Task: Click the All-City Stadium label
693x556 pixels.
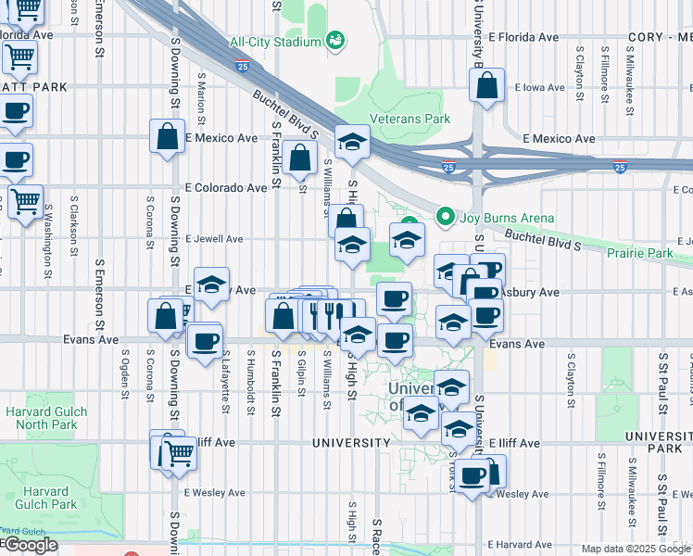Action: (274, 42)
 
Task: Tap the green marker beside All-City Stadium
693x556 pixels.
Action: (335, 41)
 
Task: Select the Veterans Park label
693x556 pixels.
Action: (409, 119)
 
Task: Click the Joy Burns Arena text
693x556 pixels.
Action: (496, 220)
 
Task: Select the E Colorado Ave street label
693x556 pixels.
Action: (225, 187)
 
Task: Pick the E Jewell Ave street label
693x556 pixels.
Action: (214, 239)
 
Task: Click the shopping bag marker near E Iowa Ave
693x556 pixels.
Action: (486, 86)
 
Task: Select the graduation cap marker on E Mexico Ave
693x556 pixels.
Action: (352, 143)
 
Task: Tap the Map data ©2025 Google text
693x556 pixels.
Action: (635, 549)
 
